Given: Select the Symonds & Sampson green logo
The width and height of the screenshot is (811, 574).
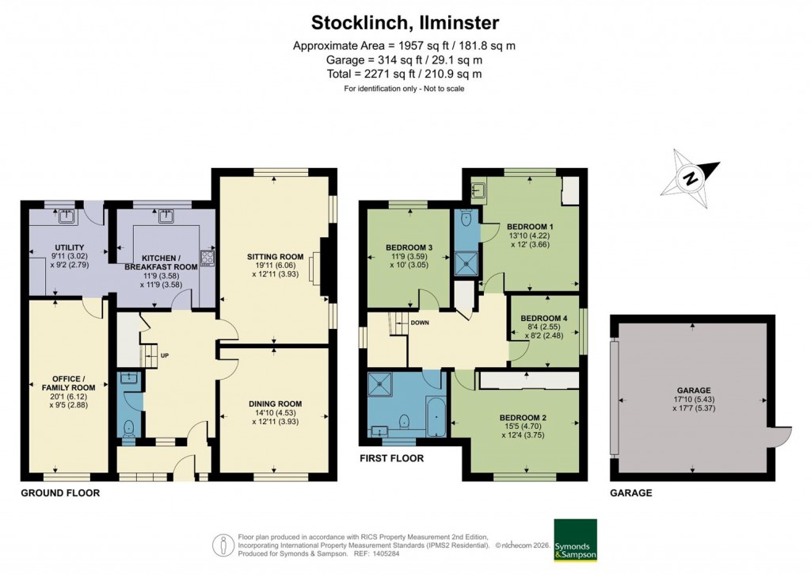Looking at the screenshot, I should point(575,540).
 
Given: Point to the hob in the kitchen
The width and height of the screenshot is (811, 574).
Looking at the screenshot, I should point(208,257).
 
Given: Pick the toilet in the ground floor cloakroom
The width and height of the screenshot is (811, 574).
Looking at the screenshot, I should point(128,428).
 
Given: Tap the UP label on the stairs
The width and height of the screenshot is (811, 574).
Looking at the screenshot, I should point(165,354).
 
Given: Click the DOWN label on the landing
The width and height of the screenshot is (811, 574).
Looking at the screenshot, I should point(420,323).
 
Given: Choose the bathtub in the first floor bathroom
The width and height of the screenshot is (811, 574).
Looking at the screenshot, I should point(435,417).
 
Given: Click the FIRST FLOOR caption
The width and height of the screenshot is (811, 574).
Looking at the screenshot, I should point(391,458).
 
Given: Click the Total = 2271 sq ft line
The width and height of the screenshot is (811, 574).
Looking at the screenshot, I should point(405,74).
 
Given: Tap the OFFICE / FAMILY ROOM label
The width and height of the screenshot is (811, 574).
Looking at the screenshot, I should point(67,383).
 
